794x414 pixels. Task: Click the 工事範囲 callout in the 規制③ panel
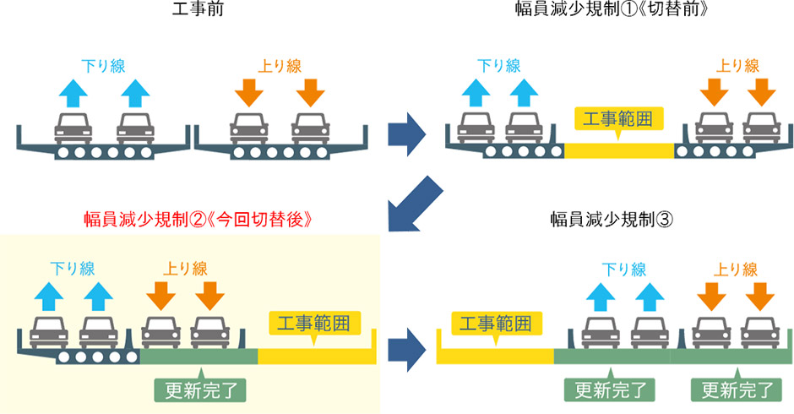coord(496,323)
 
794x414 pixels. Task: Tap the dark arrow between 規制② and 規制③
coord(406,344)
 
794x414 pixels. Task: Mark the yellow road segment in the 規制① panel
coord(618,151)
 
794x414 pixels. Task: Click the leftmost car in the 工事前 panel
coord(73,128)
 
